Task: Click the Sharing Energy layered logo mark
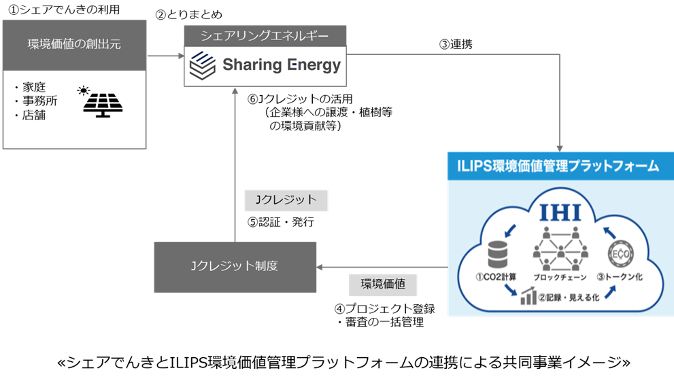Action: click(x=201, y=65)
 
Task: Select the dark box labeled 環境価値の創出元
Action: click(x=74, y=45)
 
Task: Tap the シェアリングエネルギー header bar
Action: click(x=265, y=35)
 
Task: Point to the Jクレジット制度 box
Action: click(x=235, y=266)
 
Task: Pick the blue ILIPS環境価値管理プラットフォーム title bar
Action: click(x=560, y=166)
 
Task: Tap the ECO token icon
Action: click(x=618, y=255)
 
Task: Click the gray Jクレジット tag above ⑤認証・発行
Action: click(x=286, y=200)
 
